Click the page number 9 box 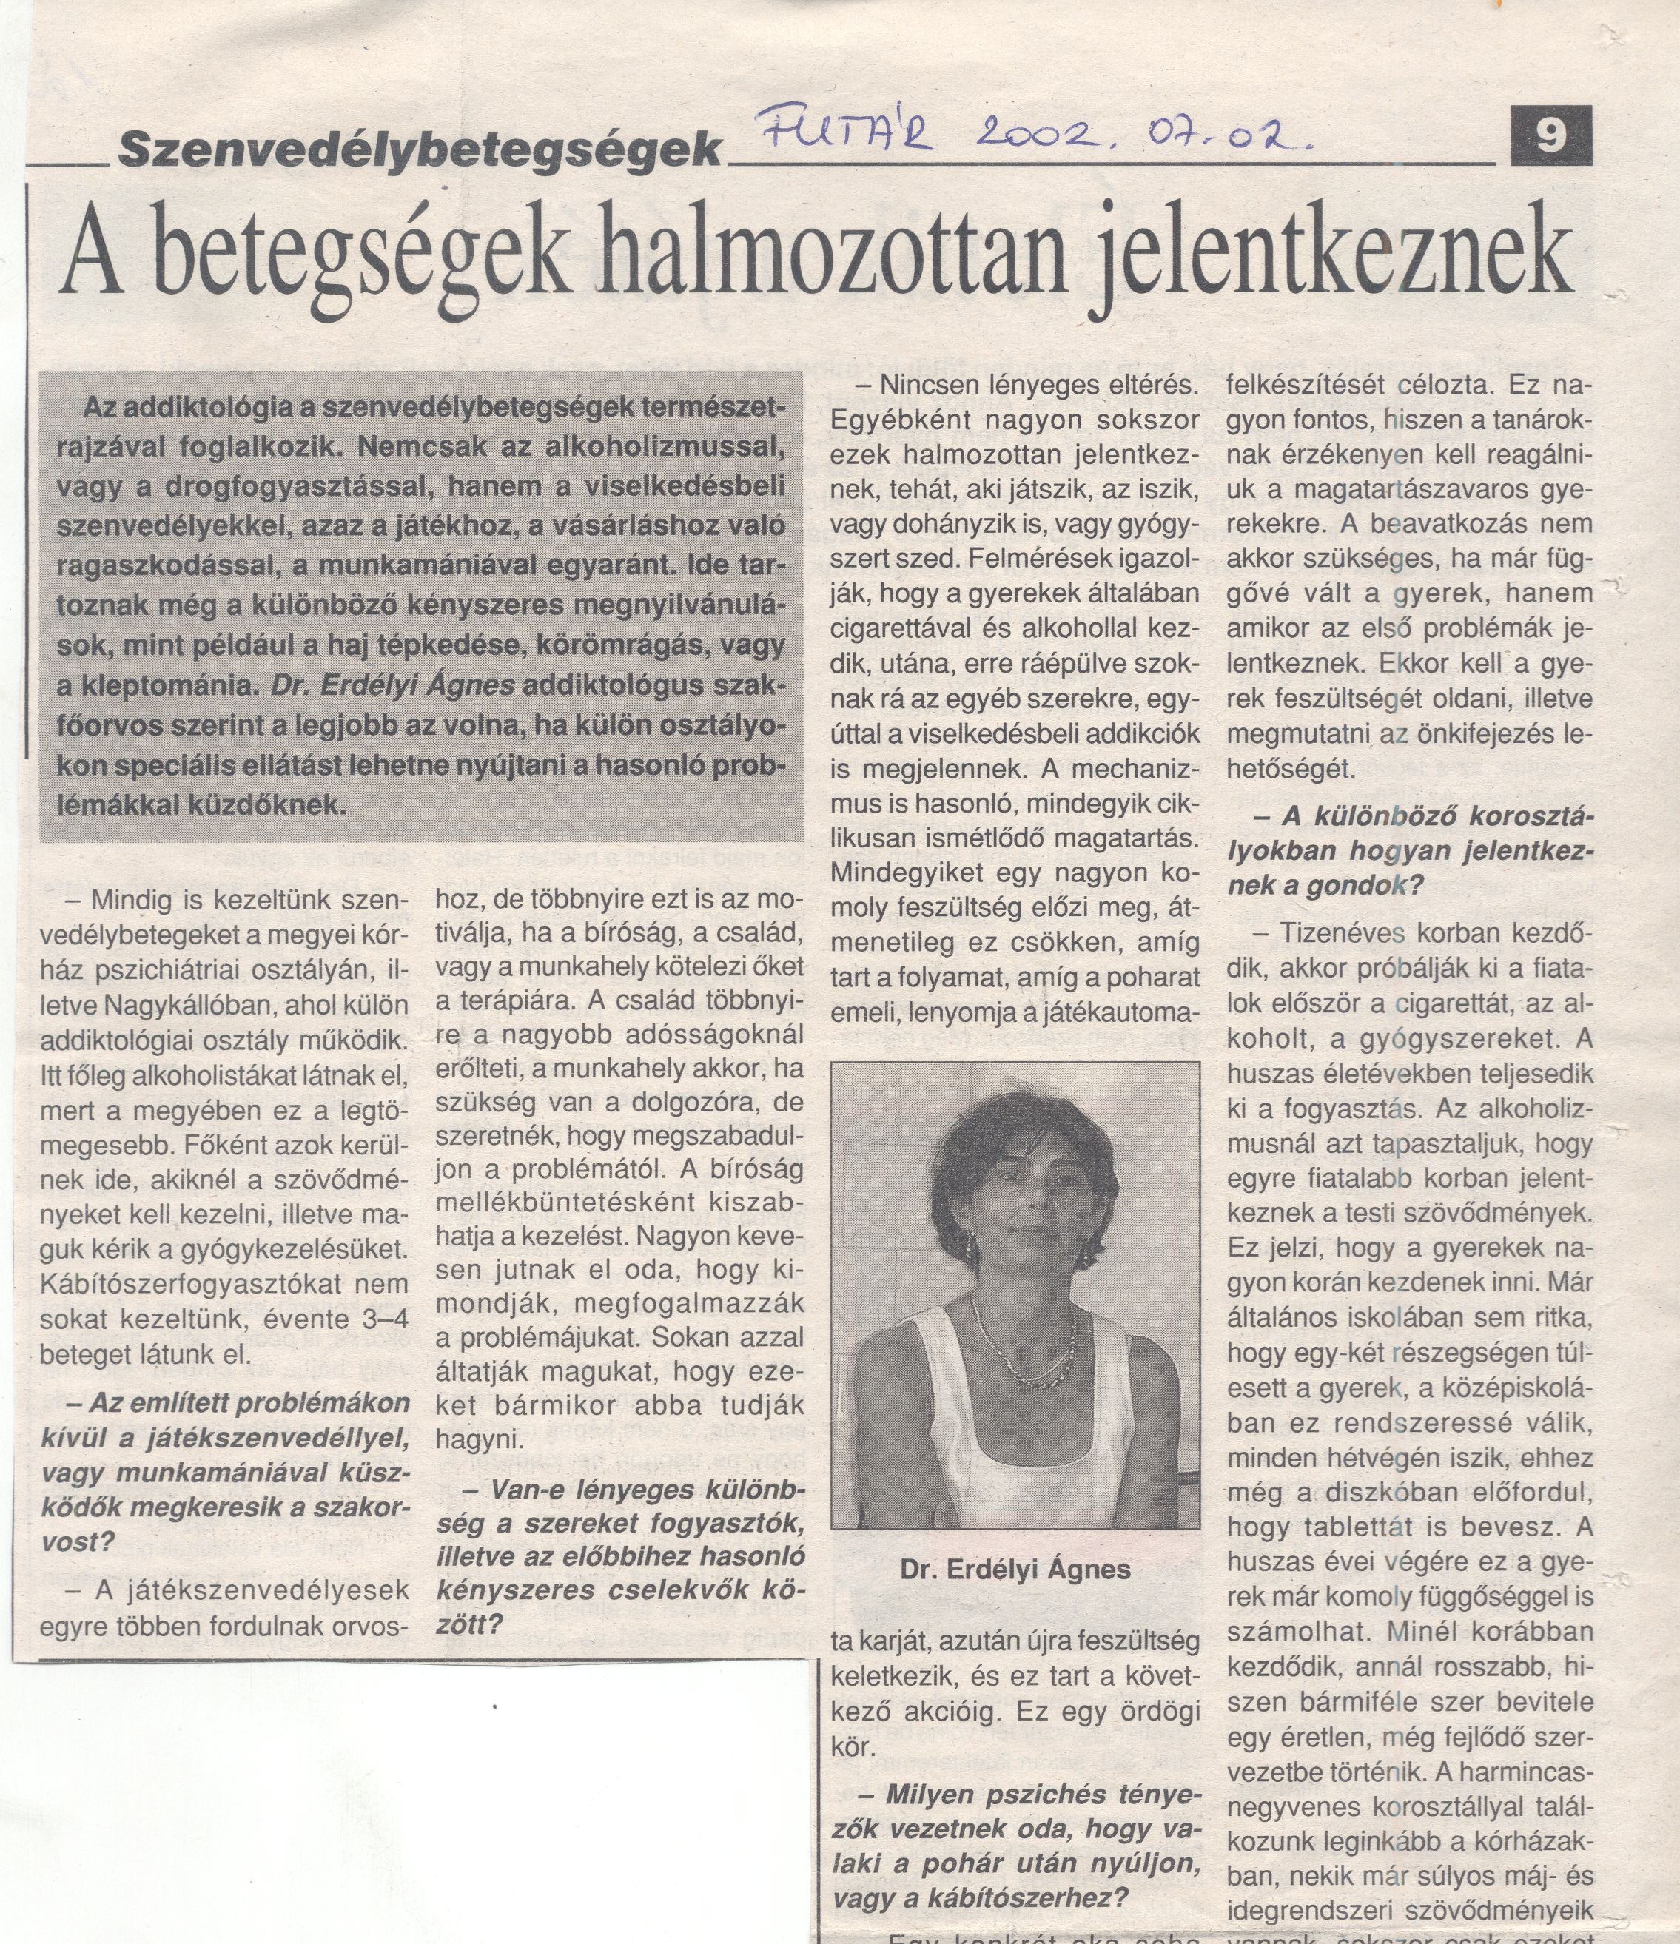[1550, 136]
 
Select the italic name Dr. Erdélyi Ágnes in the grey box [392, 685]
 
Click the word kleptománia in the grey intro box [166, 686]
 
